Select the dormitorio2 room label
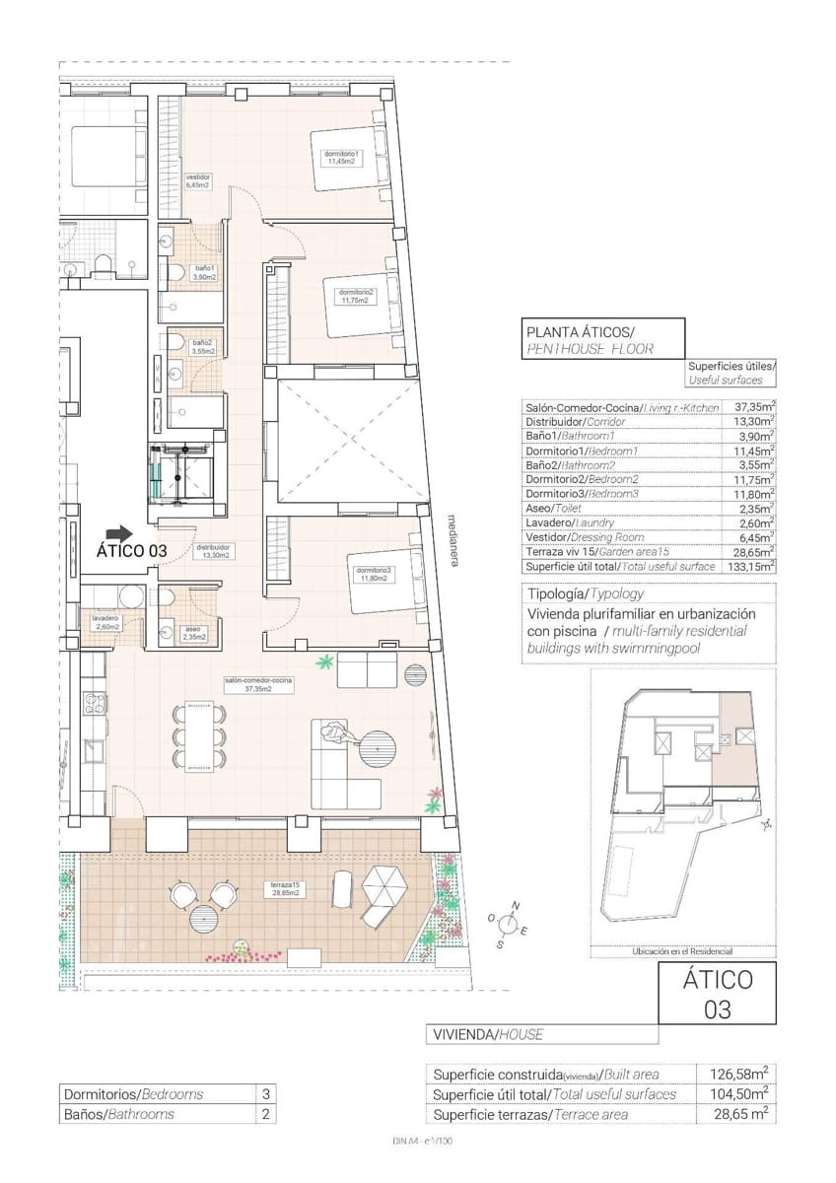(x=356, y=296)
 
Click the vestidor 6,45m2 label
(x=197, y=180)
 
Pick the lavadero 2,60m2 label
(x=105, y=622)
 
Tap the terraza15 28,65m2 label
(x=285, y=890)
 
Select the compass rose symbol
(x=509, y=924)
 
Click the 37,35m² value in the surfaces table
(x=754, y=406)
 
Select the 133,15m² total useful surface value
(x=753, y=566)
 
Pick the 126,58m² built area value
(x=739, y=1075)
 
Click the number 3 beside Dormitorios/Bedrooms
(x=264, y=1094)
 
